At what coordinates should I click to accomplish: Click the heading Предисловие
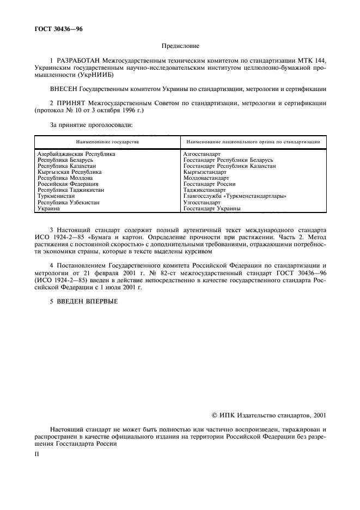pyautogui.click(x=180, y=46)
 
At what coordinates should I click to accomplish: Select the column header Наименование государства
pyautogui.click(x=107, y=141)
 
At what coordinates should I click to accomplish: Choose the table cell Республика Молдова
pyautogui.click(x=65, y=178)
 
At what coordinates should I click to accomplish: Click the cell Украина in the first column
pyautogui.click(x=48, y=208)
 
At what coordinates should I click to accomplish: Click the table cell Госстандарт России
pyautogui.click(x=209, y=184)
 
